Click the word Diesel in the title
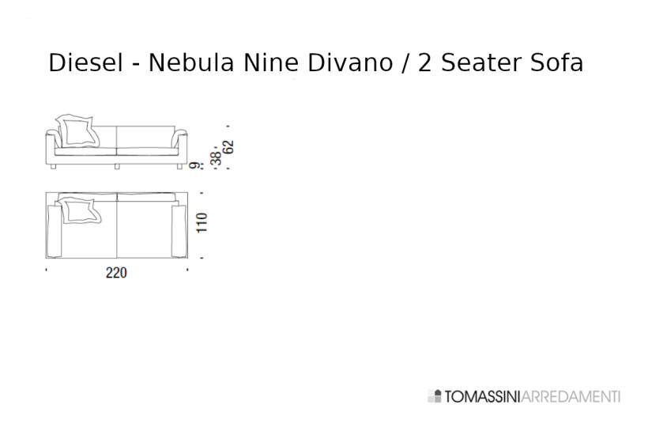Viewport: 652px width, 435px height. (x=85, y=63)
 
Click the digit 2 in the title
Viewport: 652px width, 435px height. (x=424, y=63)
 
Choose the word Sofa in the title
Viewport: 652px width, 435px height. (x=556, y=63)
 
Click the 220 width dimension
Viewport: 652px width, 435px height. (x=116, y=273)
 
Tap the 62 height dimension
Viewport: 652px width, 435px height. (x=229, y=148)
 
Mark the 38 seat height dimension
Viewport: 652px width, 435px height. (x=216, y=157)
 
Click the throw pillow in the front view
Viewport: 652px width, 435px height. (x=80, y=130)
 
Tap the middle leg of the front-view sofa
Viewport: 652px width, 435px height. (x=117, y=168)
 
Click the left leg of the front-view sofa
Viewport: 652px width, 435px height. (x=52, y=168)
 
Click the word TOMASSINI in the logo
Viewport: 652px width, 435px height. (x=482, y=396)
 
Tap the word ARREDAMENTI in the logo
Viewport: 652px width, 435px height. (x=571, y=396)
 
